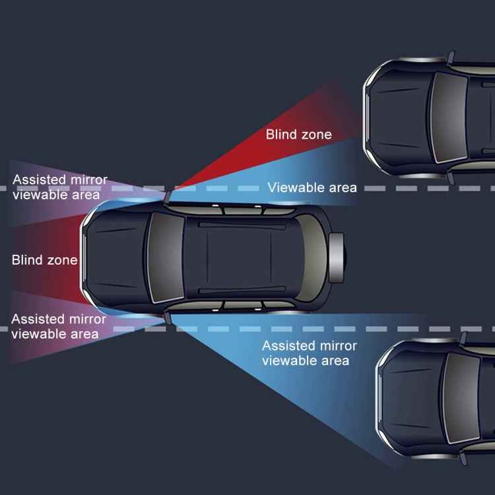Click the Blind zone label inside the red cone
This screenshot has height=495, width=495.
pyautogui.click(x=298, y=135)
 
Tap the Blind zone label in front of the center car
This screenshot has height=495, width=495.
pyautogui.click(x=44, y=260)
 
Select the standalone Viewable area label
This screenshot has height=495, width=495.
pyautogui.click(x=312, y=187)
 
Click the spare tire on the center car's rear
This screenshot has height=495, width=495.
pyautogui.click(x=337, y=257)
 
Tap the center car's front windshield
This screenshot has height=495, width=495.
pyautogui.click(x=166, y=257)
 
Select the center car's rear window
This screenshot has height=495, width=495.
pyautogui.click(x=311, y=257)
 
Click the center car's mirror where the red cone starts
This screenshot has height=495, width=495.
pyautogui.click(x=168, y=197)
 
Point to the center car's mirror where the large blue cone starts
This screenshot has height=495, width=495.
pyautogui.click(x=168, y=318)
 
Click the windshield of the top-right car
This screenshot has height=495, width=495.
pyautogui.click(x=448, y=117)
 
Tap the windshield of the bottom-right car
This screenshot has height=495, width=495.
pyautogui.click(x=461, y=398)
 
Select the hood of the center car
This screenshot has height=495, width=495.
pyautogui.click(x=117, y=257)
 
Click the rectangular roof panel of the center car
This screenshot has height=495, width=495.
pyautogui.click(x=239, y=257)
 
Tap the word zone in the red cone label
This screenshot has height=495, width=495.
pyautogui.click(x=317, y=135)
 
